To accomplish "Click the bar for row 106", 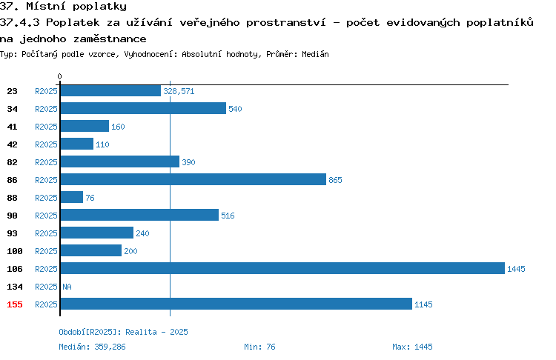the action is click(x=282, y=268).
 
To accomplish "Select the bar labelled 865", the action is click(x=193, y=179).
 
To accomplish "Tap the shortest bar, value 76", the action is click(x=72, y=197).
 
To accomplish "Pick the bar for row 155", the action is click(x=236, y=304).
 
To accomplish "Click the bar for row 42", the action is click(x=77, y=144).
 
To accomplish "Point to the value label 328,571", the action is click(x=179, y=91).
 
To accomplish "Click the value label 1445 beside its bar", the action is click(x=516, y=269).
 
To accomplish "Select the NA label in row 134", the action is click(x=67, y=287).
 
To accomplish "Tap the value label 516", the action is click(x=228, y=216).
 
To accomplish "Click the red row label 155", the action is click(x=15, y=304).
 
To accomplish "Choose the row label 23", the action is click(x=12, y=91).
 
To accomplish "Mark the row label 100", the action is click(x=15, y=251).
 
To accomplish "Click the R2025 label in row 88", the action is click(x=46, y=198).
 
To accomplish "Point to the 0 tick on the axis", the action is click(x=59, y=76).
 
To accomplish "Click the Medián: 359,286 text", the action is click(x=92, y=347).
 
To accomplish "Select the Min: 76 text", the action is click(x=259, y=347).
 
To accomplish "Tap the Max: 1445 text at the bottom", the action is click(x=412, y=347).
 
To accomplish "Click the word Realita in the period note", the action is click(x=141, y=332).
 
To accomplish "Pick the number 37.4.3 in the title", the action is click(x=20, y=22).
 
